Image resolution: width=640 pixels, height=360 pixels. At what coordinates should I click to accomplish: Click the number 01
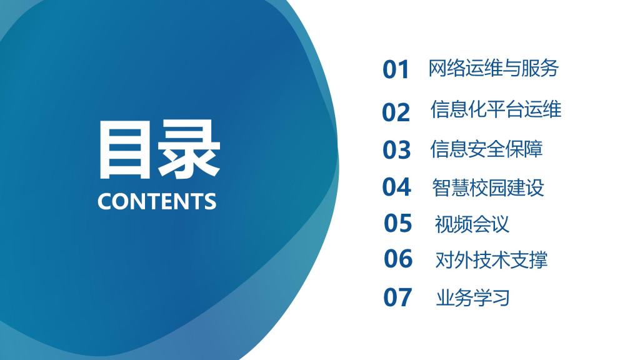[x=396, y=69]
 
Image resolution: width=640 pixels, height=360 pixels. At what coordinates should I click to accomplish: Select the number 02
[x=396, y=112]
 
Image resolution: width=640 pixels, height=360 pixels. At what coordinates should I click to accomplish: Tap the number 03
[x=396, y=150]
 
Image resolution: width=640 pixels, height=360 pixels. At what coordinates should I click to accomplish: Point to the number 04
[x=396, y=187]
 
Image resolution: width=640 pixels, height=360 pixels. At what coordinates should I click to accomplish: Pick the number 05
[x=397, y=223]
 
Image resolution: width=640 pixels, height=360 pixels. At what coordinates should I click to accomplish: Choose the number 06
[x=398, y=259]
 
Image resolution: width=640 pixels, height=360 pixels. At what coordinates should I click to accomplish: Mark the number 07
[x=397, y=297]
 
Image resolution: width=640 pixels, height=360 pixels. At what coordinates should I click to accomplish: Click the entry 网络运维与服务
[x=493, y=68]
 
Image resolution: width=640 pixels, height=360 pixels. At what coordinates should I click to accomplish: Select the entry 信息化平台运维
[x=496, y=109]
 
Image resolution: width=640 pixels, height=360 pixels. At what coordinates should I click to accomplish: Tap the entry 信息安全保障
[x=486, y=149]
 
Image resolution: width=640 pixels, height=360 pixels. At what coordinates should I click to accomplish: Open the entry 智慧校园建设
[x=488, y=187]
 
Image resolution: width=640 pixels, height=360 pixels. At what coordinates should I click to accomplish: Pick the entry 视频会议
[x=472, y=224]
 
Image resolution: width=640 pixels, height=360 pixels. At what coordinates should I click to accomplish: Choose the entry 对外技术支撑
[x=491, y=260]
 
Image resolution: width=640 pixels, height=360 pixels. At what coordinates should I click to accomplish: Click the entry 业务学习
[x=473, y=298]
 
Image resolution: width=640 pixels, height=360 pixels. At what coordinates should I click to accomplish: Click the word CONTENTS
[x=157, y=201]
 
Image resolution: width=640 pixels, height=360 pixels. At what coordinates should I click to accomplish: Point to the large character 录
[x=189, y=149]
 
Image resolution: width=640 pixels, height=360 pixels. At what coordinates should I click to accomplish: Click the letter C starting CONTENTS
[x=105, y=201]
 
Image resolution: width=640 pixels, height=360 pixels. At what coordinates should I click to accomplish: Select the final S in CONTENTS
[x=210, y=201]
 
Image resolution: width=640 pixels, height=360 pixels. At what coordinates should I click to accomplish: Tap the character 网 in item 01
[x=437, y=68]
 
